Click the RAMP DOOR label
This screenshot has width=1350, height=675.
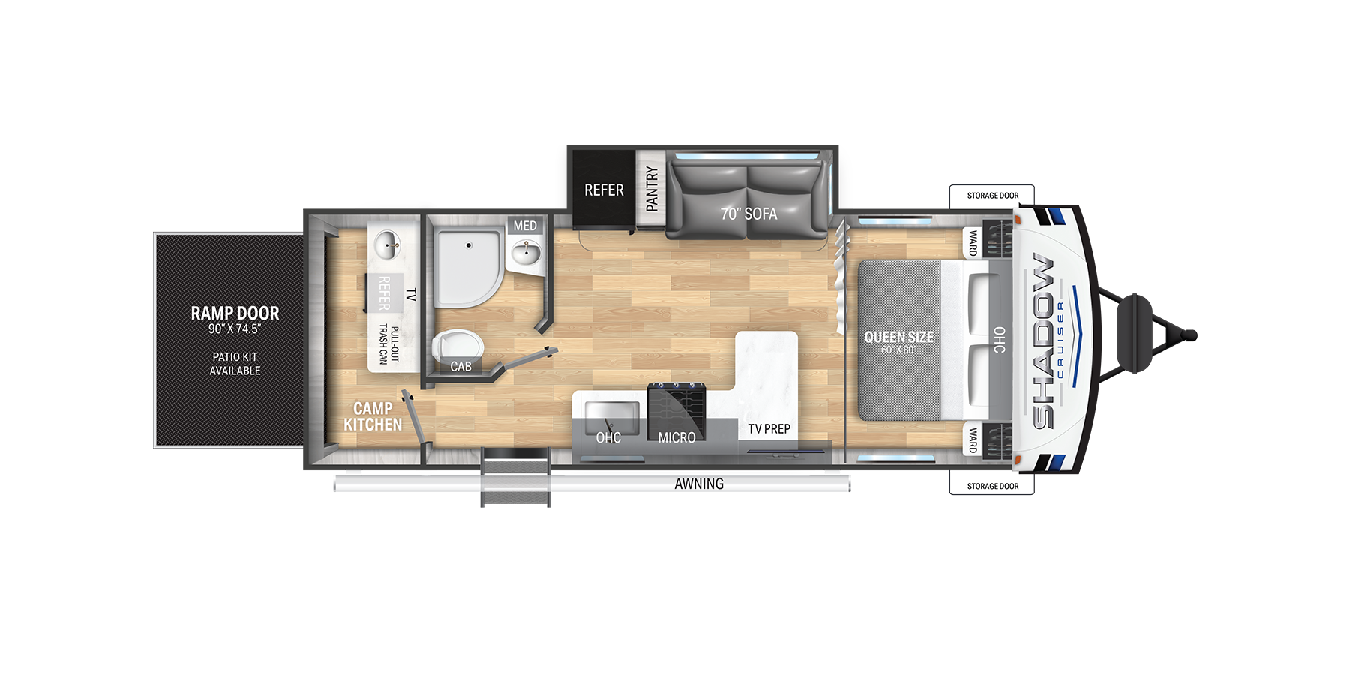coord(235,313)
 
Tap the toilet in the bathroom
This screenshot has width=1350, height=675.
coord(457,346)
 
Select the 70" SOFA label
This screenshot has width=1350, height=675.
coord(748,214)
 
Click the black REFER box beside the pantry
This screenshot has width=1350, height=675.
coord(604,190)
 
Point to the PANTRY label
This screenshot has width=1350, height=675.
coord(652,188)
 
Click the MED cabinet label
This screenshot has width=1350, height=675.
coord(525,226)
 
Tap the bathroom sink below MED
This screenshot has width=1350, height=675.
coord(526,253)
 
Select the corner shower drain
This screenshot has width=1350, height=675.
coord(469,244)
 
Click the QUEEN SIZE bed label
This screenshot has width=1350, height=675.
coord(899,337)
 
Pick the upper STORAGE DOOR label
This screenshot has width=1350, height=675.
coord(993,196)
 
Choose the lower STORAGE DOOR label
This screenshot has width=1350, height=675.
coord(993,486)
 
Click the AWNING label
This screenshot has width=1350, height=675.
coord(699,484)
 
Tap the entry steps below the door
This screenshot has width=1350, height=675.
coord(515,477)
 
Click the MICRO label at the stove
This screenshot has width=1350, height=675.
coord(676,437)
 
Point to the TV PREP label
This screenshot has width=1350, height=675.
coord(769,429)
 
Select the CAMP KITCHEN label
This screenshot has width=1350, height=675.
coord(373,416)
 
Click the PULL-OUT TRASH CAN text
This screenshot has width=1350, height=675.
coord(388,344)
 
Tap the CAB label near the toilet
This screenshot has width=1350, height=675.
coord(460,367)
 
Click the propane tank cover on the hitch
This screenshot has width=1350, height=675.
coord(1135,334)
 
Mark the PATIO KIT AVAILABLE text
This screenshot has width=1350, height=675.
coord(235,364)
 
